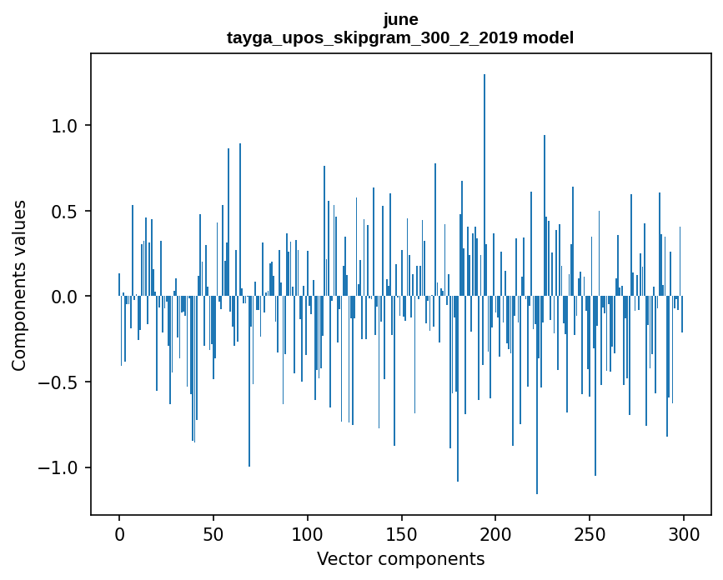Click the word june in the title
coord(400,19)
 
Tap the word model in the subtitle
coord(548,38)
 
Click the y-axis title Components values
coord(19,285)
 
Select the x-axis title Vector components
coord(400,559)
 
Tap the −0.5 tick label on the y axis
coord(58,382)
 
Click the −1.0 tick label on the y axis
coord(58,467)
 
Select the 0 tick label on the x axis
coord(119,534)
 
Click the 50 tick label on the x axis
coord(213,534)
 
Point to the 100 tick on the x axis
coord(308,534)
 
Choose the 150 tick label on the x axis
coord(402,534)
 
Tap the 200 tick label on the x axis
coord(496,534)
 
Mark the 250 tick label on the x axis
coord(590,534)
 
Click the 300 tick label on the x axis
coord(684,534)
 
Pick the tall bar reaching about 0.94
coord(545,217)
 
